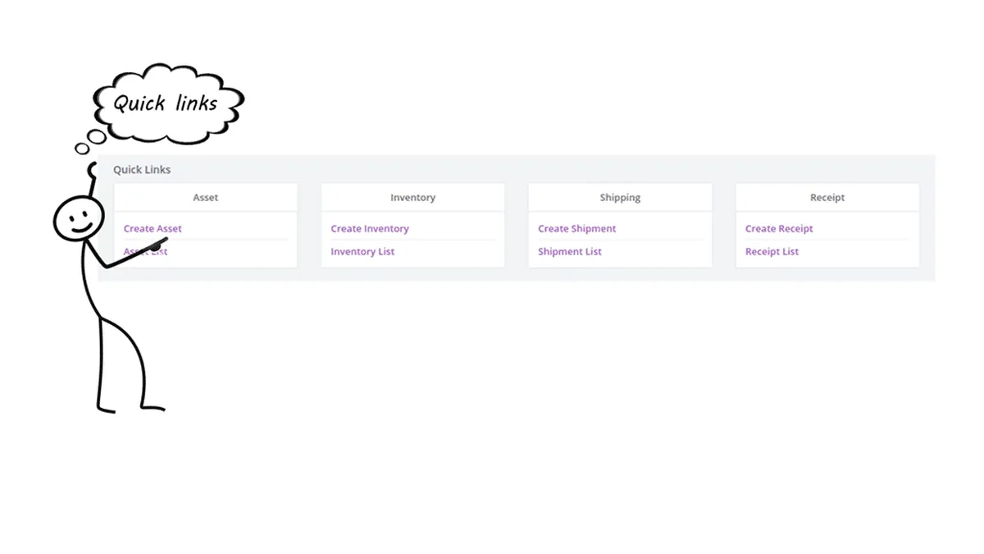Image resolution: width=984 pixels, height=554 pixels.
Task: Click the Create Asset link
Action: (x=153, y=229)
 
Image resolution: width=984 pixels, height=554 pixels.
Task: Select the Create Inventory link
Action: (x=369, y=229)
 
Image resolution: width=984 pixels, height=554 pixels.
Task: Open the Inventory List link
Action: (x=362, y=252)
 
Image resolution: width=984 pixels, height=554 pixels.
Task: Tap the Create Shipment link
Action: (x=576, y=229)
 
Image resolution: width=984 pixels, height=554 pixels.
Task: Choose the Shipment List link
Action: (x=569, y=252)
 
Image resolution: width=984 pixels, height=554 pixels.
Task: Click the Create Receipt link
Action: (x=779, y=229)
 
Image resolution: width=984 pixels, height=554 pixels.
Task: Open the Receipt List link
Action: (x=772, y=252)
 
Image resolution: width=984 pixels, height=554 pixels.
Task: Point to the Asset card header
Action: (x=205, y=198)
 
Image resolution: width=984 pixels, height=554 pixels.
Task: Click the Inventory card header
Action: (x=412, y=198)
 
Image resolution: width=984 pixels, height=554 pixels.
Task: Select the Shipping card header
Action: (x=620, y=198)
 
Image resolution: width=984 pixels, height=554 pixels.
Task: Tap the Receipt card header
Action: (x=827, y=198)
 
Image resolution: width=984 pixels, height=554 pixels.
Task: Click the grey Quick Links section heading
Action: (x=142, y=170)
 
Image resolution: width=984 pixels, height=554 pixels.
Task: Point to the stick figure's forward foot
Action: (x=153, y=408)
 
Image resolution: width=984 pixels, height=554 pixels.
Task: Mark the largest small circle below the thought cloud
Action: (x=97, y=136)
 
